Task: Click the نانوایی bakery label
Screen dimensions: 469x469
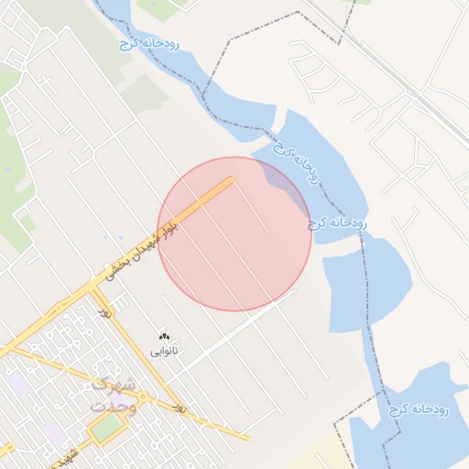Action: coord(164,351)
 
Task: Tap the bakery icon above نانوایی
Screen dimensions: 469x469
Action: coord(164,338)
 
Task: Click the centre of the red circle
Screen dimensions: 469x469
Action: coord(234,234)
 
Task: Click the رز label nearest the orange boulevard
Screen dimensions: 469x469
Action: coord(105,313)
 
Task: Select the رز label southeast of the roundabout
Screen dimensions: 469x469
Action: coord(180,404)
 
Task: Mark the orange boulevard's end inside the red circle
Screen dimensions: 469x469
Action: coord(230,180)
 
